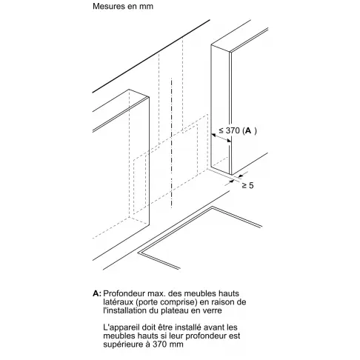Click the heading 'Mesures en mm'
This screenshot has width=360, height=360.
(x=123, y=6)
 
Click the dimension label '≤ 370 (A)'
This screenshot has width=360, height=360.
(x=238, y=130)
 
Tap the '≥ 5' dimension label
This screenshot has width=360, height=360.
(x=247, y=185)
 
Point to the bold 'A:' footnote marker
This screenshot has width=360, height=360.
(x=97, y=293)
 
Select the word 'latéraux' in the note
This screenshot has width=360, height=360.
(x=119, y=302)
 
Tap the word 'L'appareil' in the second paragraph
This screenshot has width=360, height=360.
(x=121, y=327)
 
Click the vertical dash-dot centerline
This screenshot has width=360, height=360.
(x=171, y=143)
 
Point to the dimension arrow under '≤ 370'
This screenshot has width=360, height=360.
(x=221, y=138)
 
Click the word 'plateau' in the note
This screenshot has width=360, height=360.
(x=174, y=310)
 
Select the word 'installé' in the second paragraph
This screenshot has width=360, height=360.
(x=187, y=327)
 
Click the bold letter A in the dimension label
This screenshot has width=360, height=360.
(x=248, y=130)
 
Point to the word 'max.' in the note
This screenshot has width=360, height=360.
(x=157, y=293)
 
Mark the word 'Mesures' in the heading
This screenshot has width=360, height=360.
(x=107, y=6)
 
